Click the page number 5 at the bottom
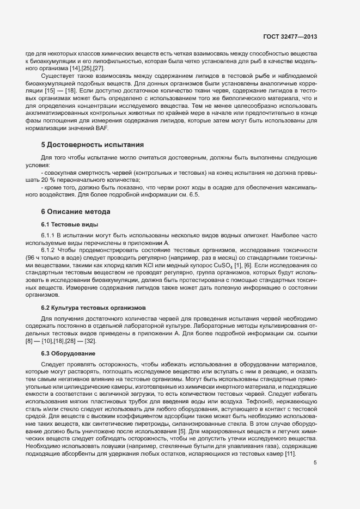point(315,463)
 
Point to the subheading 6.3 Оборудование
point(68,353)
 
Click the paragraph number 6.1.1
point(50,234)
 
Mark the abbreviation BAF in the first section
point(101,128)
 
